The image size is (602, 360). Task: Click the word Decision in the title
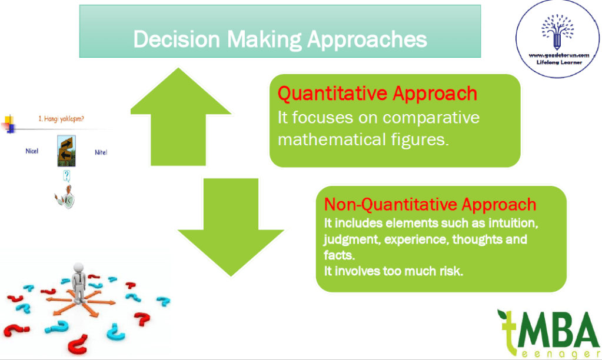[x=177, y=39]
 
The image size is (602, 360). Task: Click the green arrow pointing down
[x=231, y=226]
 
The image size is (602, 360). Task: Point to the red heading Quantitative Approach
[x=377, y=94]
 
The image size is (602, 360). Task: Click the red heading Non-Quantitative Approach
[x=430, y=205]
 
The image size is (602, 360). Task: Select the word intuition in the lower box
[x=513, y=223]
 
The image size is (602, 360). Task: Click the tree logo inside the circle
[x=557, y=32]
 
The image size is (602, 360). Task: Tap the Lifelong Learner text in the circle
[x=559, y=62]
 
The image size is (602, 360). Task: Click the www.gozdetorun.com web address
[x=559, y=55]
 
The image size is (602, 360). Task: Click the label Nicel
[x=32, y=151]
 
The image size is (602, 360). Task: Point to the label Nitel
[x=101, y=152]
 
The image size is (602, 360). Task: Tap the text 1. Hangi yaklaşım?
[x=61, y=119]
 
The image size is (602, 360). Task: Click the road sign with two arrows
[x=66, y=151]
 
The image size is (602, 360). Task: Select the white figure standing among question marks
[x=79, y=282]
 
